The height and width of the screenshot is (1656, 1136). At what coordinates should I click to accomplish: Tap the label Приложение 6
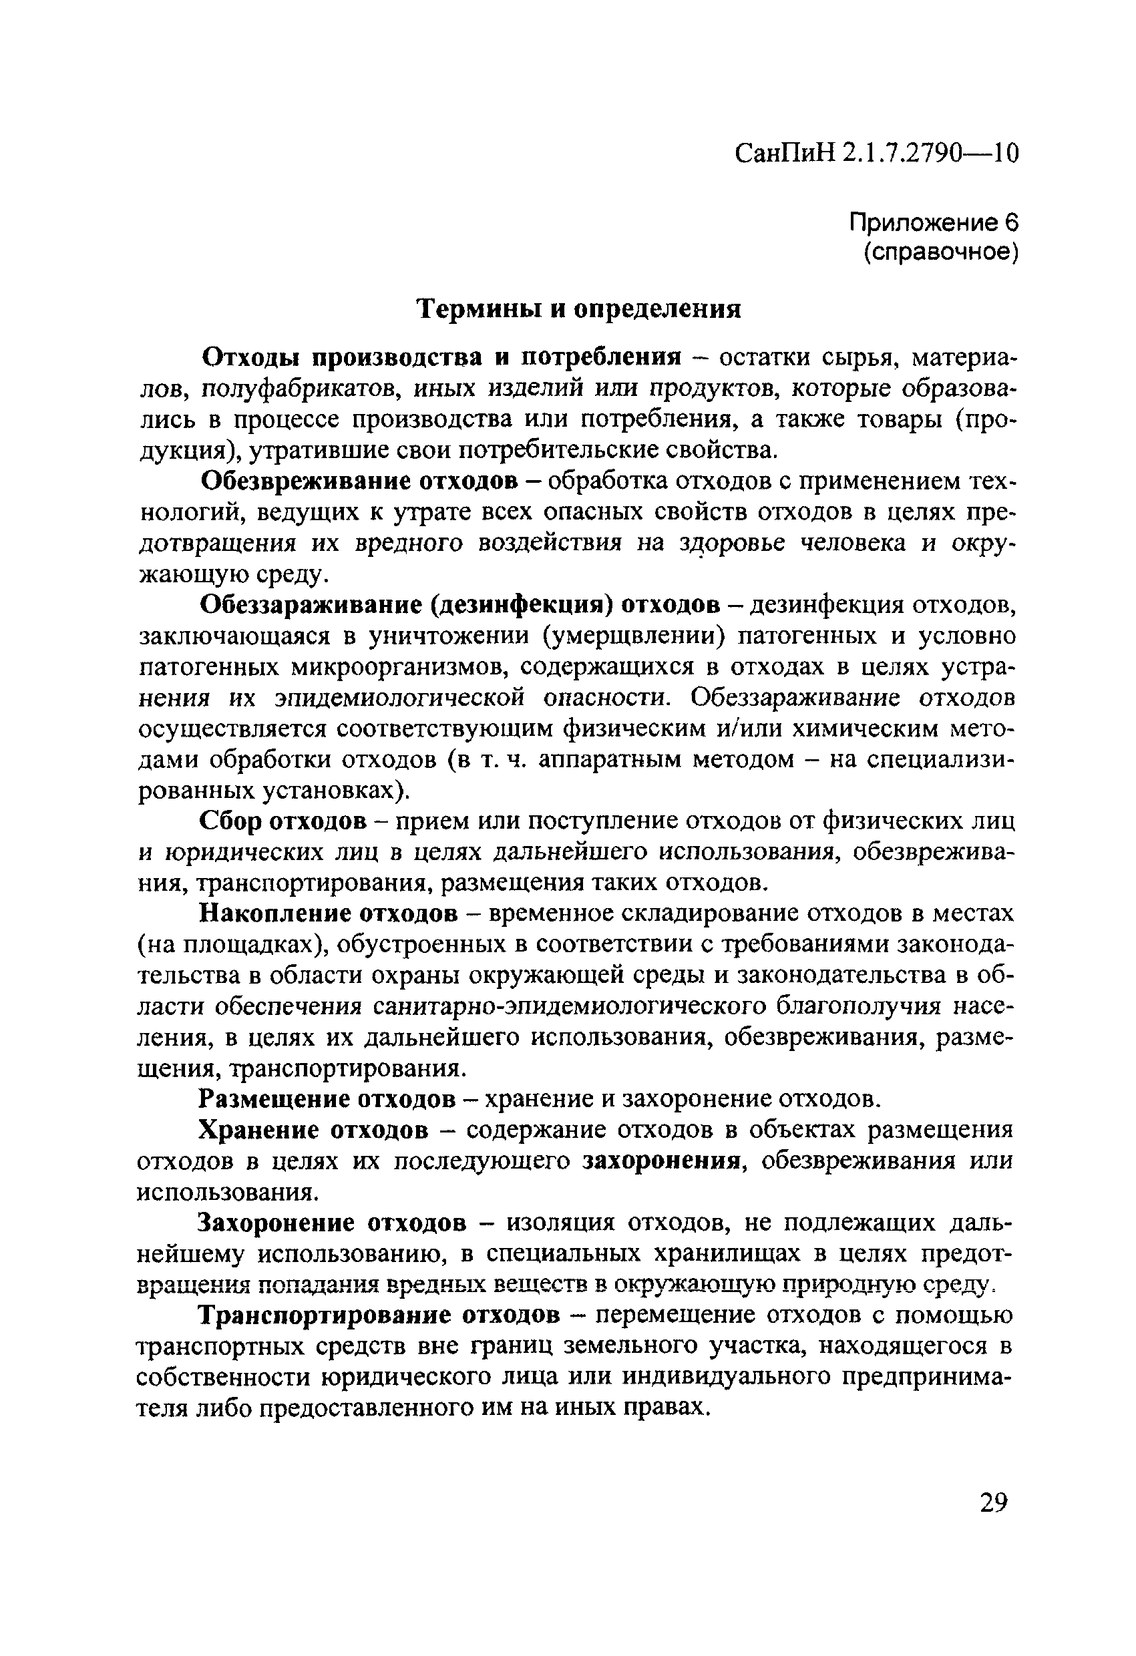point(934,223)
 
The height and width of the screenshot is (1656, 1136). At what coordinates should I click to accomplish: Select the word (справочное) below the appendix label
point(941,253)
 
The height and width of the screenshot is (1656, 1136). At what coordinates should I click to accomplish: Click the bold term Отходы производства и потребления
point(442,358)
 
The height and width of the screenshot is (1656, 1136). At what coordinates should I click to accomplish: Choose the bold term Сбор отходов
point(283,821)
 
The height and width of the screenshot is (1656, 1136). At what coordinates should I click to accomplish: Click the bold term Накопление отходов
point(328,913)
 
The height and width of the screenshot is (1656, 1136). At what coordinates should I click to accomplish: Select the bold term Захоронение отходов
point(332,1223)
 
